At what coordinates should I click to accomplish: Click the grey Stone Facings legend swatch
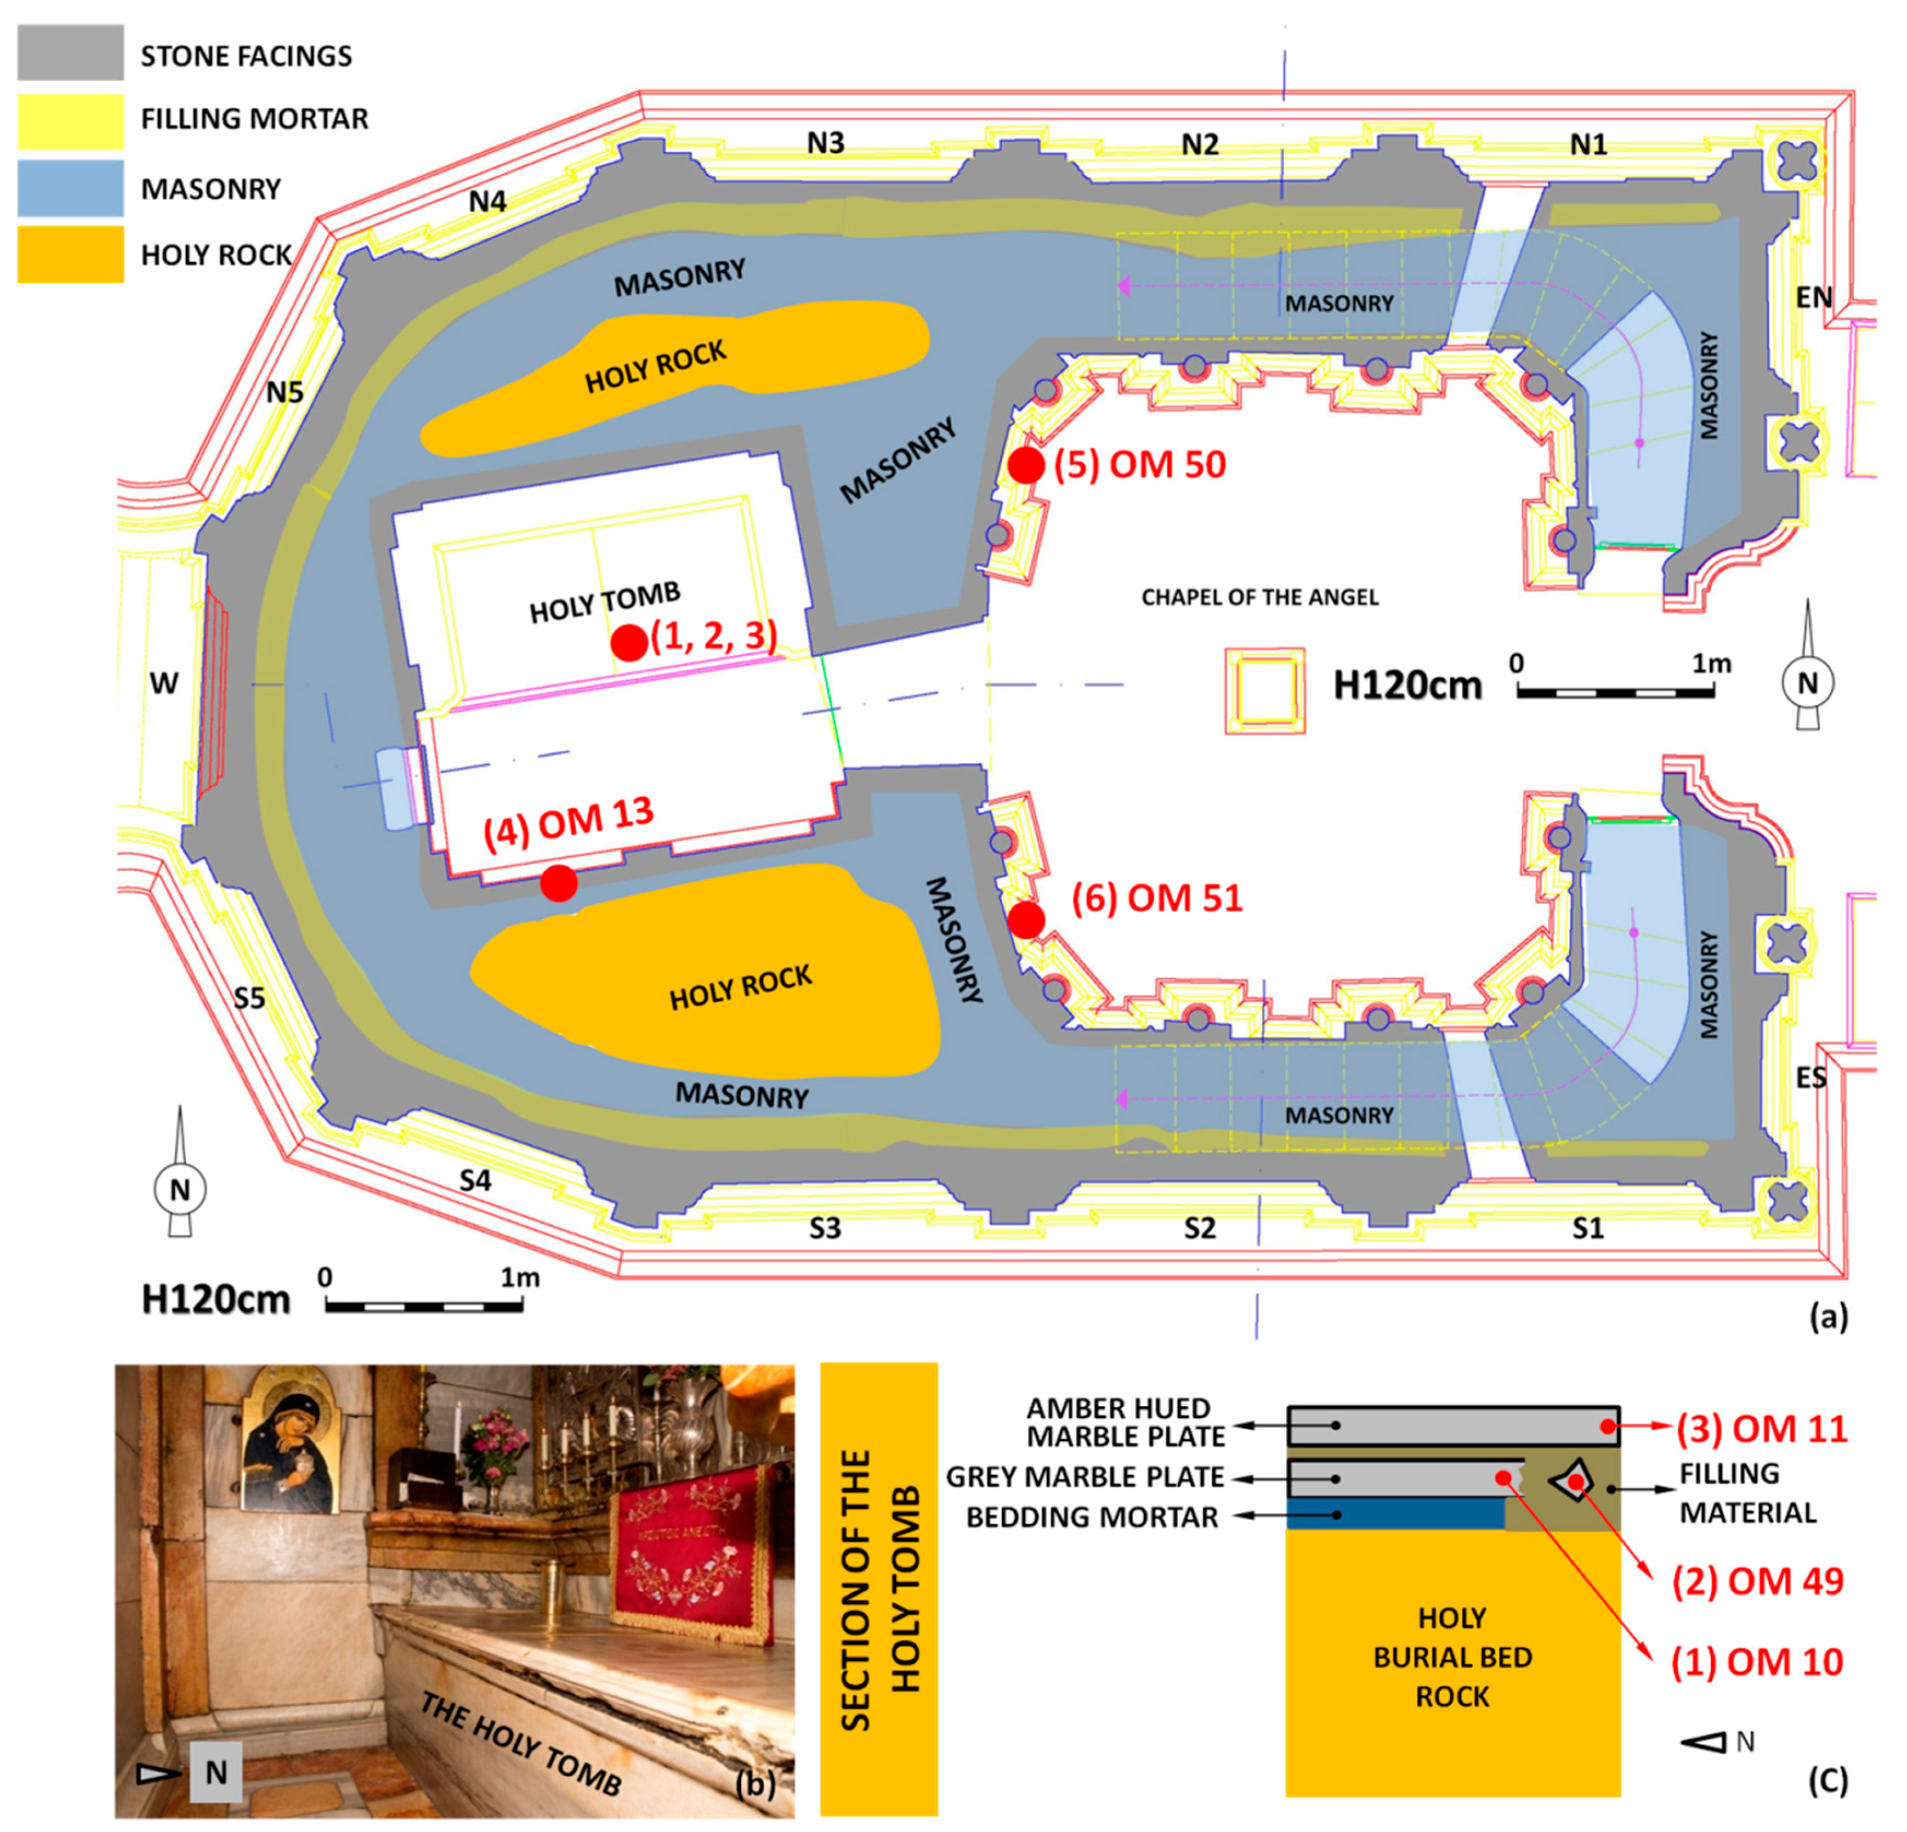tap(70, 52)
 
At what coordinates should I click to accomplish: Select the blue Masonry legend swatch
tap(70, 188)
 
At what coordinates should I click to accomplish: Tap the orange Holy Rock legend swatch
tap(70, 254)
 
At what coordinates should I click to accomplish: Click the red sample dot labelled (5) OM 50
tap(1026, 465)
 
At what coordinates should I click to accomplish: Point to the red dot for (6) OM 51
tap(1026, 919)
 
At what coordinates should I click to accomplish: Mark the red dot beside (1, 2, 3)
tap(630, 642)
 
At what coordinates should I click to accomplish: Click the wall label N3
tap(825, 143)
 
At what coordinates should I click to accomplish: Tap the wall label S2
tap(1200, 1228)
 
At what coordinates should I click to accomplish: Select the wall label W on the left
tap(163, 683)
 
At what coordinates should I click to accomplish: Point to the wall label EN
tap(1814, 297)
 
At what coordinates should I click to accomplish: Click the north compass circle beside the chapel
tap(1808, 683)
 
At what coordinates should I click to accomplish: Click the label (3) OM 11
tap(1761, 1428)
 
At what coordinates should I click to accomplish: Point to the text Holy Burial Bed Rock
tap(1453, 1657)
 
